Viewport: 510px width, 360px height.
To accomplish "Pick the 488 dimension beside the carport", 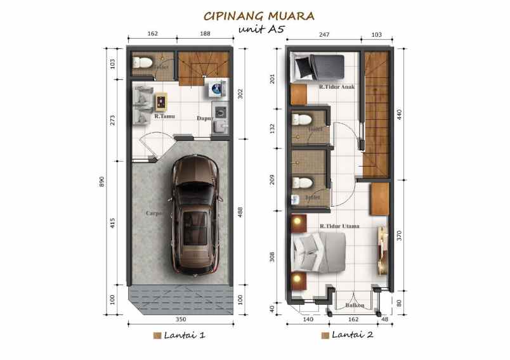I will tap(239, 213).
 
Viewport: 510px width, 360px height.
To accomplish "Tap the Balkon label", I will tap(354, 305).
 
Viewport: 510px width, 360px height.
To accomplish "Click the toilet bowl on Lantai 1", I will tap(143, 63).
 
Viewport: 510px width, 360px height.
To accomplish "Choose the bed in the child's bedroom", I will tap(317, 66).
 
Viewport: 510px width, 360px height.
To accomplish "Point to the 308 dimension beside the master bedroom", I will tap(273, 257).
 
